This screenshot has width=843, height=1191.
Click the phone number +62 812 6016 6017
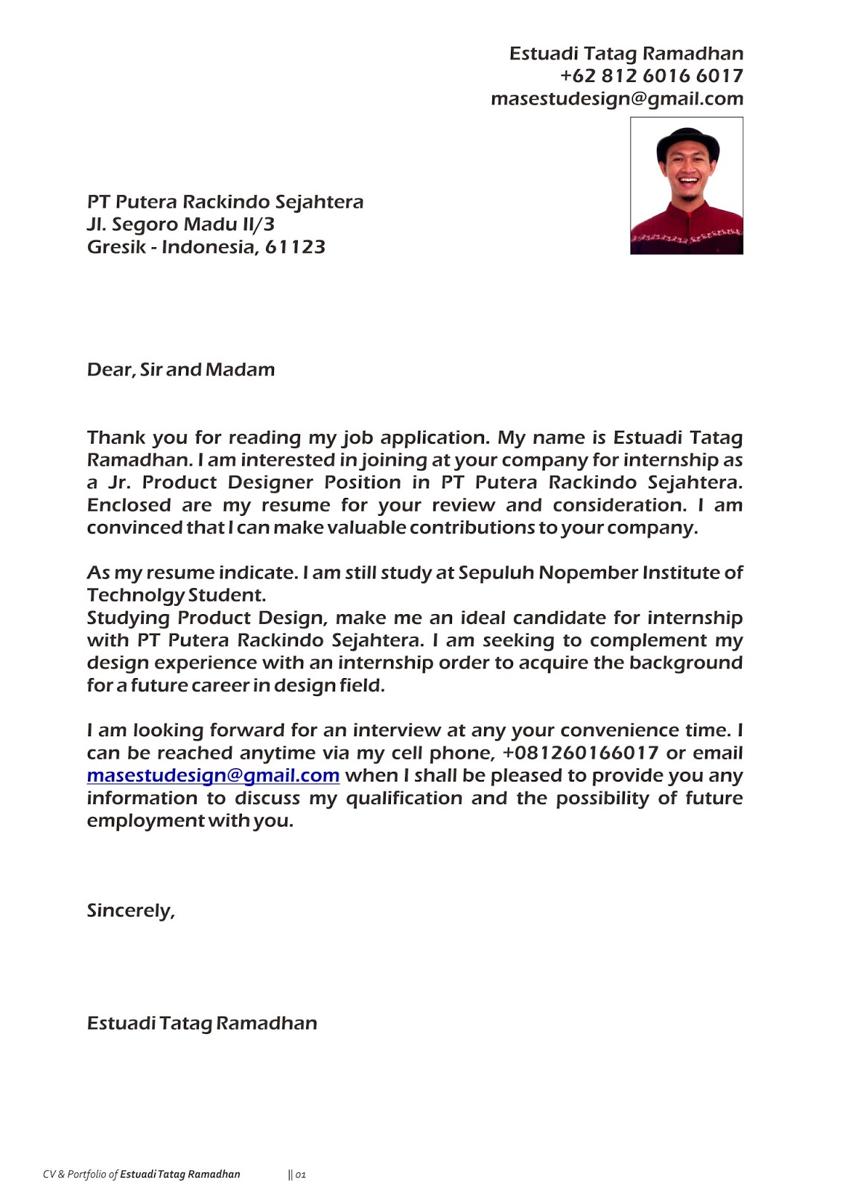click(651, 76)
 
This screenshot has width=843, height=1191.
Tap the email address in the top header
click(617, 99)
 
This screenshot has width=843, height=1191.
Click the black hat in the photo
click(687, 143)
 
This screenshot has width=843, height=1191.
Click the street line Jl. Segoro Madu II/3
click(181, 224)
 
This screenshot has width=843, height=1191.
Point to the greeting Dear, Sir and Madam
click(181, 370)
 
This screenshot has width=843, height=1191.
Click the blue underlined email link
click(213, 776)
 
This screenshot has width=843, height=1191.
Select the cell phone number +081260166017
click(580, 753)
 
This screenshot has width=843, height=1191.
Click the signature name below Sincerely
click(202, 1024)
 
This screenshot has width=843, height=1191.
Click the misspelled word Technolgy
click(136, 595)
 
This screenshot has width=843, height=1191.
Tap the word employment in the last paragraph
click(145, 821)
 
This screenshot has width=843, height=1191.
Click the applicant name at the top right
click(626, 54)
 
